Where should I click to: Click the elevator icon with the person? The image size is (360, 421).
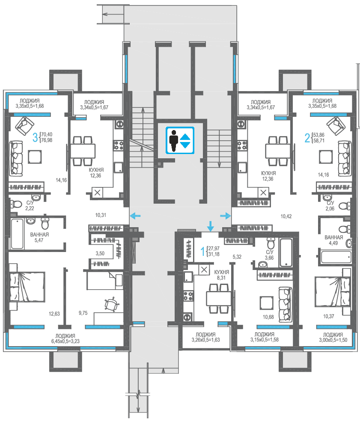point(180,140)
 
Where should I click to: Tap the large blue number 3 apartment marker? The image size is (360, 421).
point(35,137)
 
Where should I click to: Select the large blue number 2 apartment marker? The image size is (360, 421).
point(307,138)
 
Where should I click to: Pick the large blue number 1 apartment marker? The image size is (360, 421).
point(203,251)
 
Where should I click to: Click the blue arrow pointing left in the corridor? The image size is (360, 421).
point(135,215)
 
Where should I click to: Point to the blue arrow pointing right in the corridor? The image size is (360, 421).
point(226,216)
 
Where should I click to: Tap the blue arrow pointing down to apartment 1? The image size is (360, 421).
point(210,226)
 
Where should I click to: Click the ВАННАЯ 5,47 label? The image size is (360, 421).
point(39,237)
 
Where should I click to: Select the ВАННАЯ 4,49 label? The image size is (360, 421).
point(333,240)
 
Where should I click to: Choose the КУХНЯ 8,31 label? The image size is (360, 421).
point(221,275)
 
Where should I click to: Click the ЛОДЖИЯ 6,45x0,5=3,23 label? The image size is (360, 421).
point(65,338)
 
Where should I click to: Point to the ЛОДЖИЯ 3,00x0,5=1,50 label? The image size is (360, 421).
point(333,337)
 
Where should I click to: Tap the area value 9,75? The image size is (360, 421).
point(83,313)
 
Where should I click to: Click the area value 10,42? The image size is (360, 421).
point(286,216)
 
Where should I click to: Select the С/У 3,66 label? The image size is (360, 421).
point(269,255)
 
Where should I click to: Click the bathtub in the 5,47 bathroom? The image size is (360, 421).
point(17,234)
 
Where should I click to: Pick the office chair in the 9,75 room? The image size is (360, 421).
point(111,304)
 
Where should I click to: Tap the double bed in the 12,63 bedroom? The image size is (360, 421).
point(27,287)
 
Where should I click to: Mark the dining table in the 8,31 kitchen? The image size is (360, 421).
point(219,299)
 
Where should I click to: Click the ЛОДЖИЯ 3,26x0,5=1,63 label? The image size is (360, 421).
point(205,337)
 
